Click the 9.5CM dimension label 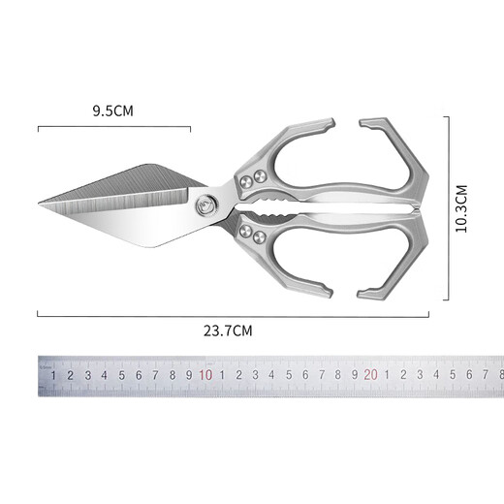pyautogui.click(x=112, y=110)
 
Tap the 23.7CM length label pyautogui.click(x=228, y=331)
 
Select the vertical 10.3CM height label pyautogui.click(x=461, y=208)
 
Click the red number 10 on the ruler pyautogui.click(x=205, y=375)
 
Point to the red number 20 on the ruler pyautogui.click(x=370, y=375)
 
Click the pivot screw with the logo pyautogui.click(x=206, y=205)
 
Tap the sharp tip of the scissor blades pyautogui.click(x=39, y=204)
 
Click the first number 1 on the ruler pyautogui.click(x=53, y=375)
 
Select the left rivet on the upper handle pyautogui.click(x=247, y=182)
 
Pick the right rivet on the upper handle pyautogui.click(x=260, y=176)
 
